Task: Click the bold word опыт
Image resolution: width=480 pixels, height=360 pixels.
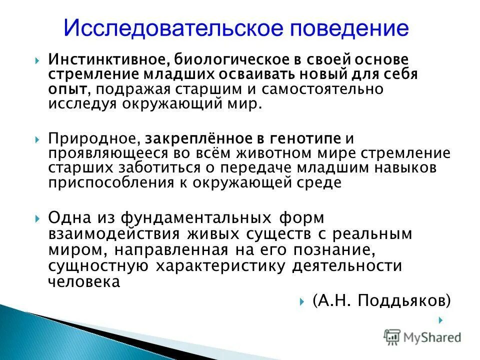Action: (x=62, y=89)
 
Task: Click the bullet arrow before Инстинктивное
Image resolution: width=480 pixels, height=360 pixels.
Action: (x=38, y=60)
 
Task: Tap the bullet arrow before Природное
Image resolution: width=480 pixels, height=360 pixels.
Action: (x=38, y=138)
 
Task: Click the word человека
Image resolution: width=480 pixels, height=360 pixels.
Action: (x=83, y=281)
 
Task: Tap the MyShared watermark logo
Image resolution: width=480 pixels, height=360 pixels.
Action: (x=422, y=336)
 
